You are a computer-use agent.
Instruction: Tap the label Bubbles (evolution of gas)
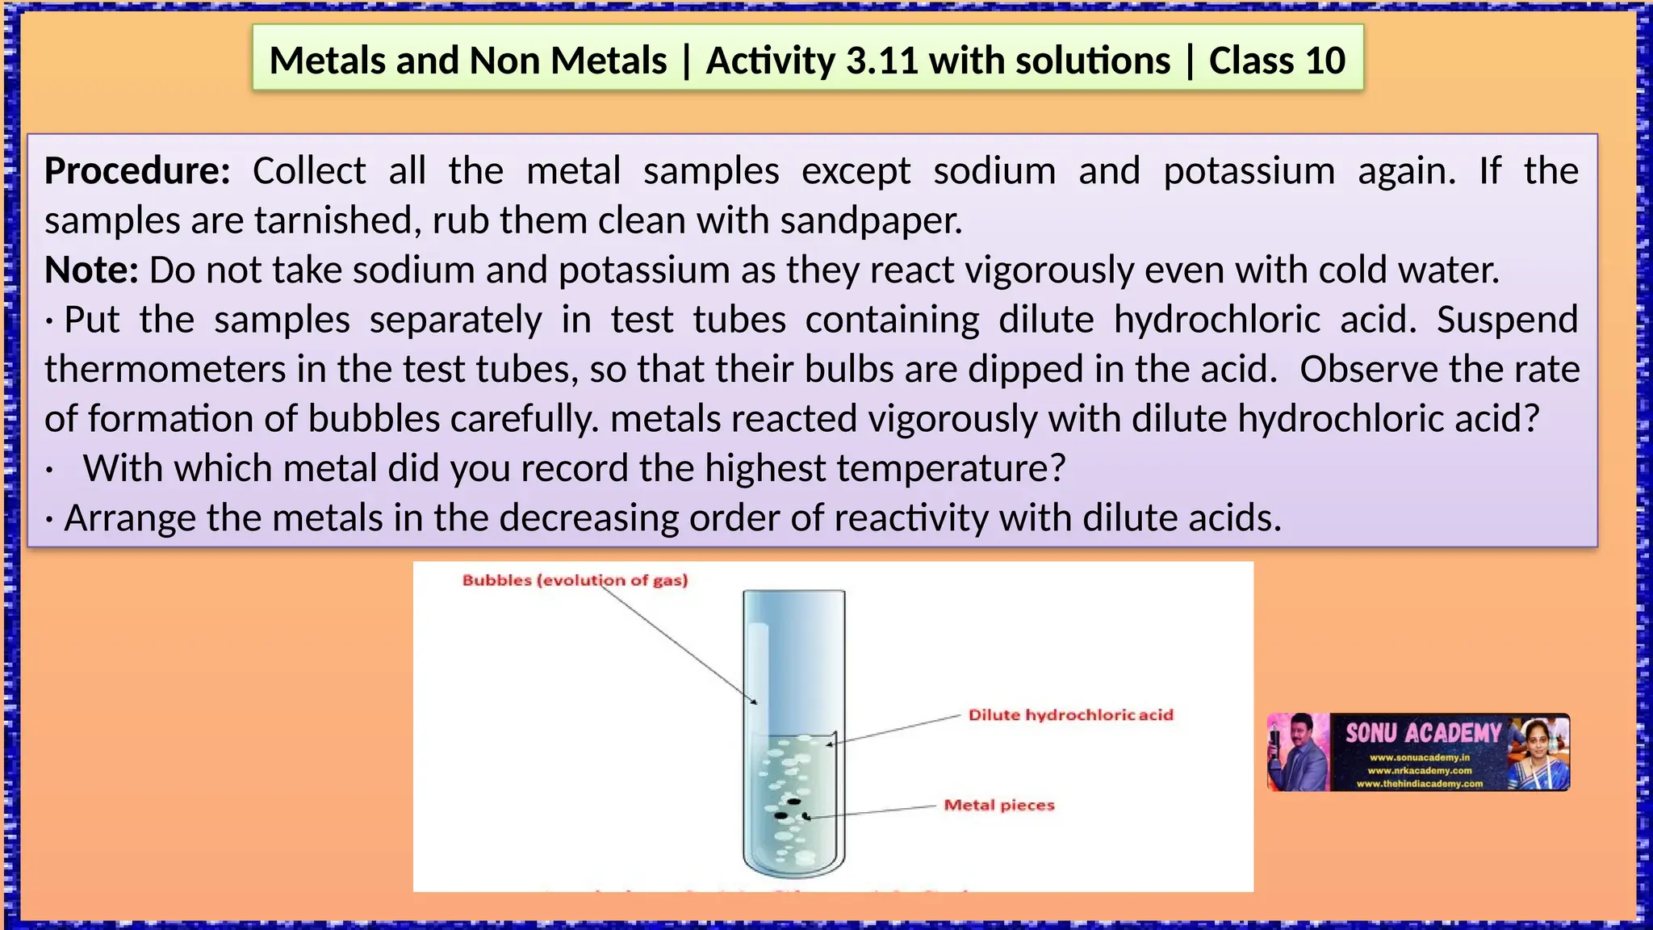pos(575,580)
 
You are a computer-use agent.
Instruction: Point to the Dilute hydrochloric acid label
pos(1070,714)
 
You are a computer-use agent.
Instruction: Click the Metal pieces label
pos(999,805)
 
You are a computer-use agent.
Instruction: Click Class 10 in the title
pos(1277,61)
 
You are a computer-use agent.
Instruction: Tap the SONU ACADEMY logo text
pos(1422,733)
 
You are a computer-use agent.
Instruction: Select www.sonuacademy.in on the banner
pos(1419,758)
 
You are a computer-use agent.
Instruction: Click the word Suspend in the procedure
pos(1507,320)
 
